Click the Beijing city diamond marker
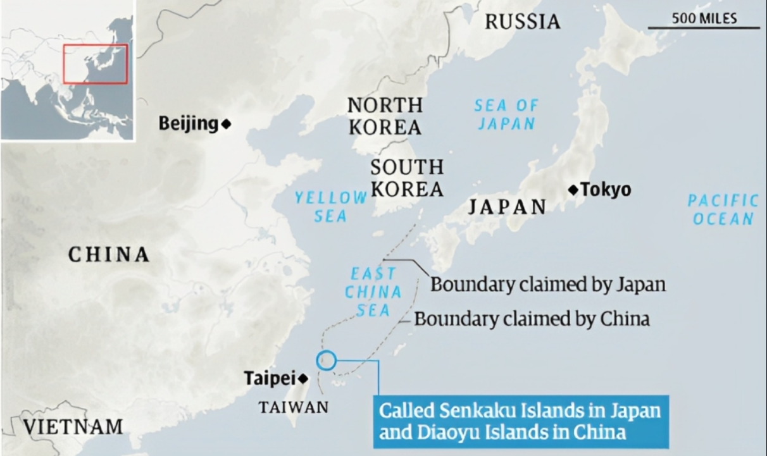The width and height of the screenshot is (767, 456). [x=226, y=124]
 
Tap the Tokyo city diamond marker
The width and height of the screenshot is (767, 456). [x=573, y=189]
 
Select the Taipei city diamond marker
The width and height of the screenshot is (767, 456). [x=304, y=379]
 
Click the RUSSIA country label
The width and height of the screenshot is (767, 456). [x=523, y=22]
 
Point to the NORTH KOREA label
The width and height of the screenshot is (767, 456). [x=385, y=116]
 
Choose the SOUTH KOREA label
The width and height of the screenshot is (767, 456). [x=407, y=178]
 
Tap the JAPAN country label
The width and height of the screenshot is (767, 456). [x=507, y=207]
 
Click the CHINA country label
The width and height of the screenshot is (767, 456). [x=109, y=255]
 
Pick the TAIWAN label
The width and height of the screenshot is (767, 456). [x=294, y=407]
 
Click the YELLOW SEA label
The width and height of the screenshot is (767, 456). [x=330, y=207]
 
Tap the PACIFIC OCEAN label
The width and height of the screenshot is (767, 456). [x=723, y=210]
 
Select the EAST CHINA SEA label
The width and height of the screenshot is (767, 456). [x=373, y=292]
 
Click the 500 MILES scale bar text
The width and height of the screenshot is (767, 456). [x=704, y=18]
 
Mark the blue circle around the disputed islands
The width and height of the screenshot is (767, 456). [x=327, y=360]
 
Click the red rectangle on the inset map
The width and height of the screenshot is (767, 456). [x=95, y=64]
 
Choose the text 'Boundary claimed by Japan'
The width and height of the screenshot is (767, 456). [x=548, y=284]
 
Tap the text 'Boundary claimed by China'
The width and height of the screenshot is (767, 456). [x=532, y=318]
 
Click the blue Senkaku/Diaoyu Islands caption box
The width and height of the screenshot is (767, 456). [x=520, y=421]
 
